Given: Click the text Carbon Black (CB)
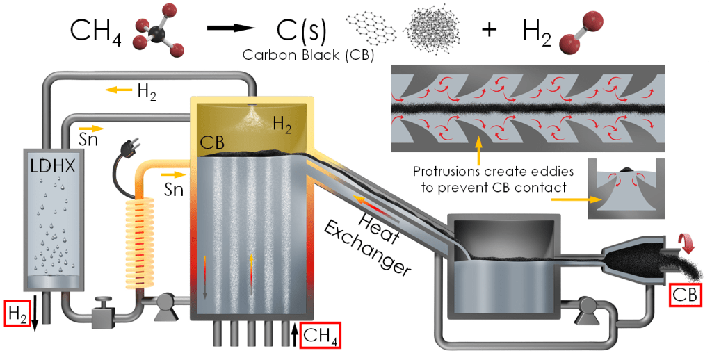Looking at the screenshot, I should pos(307,55).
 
